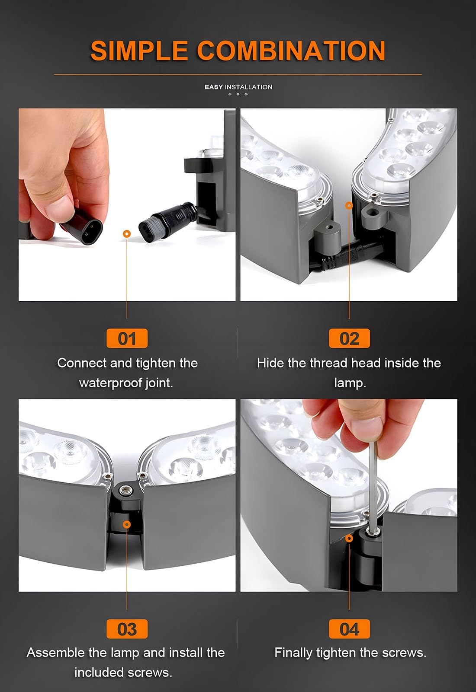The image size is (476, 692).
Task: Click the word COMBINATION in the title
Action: point(291,51)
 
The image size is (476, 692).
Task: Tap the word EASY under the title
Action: point(213,87)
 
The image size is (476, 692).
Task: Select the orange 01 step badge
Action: point(127,338)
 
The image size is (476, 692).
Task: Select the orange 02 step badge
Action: point(349,338)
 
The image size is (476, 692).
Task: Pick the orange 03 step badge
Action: point(127,628)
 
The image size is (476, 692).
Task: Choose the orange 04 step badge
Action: point(349,628)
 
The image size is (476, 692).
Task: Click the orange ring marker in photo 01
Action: point(127,234)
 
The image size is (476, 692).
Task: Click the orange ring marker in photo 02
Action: point(349,205)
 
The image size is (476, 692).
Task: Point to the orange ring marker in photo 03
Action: point(127,525)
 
